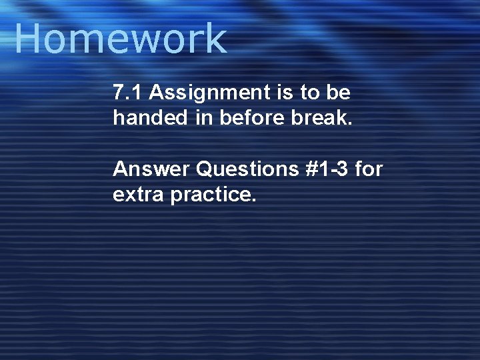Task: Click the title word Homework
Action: [120, 39]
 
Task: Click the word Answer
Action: [151, 169]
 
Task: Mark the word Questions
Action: [247, 169]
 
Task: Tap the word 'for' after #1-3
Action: [369, 169]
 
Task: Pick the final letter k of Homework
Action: [217, 39]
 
